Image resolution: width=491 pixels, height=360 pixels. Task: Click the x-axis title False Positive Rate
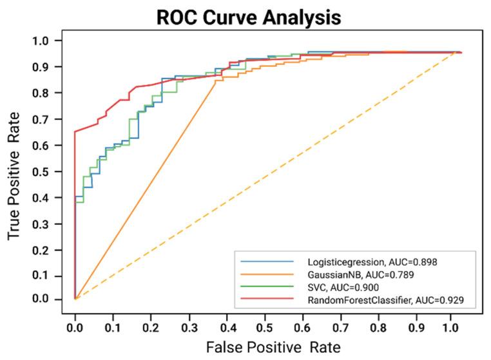(x=273, y=347)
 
